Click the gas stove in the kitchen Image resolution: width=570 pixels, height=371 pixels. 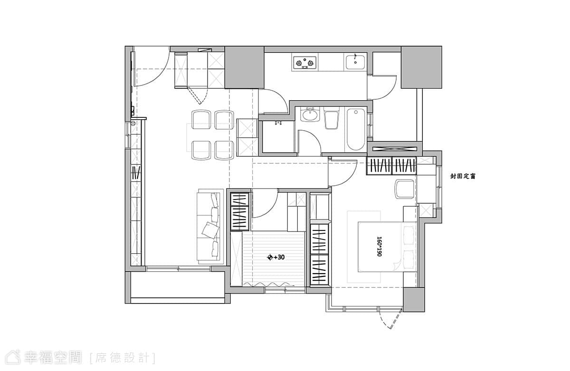click(304, 63)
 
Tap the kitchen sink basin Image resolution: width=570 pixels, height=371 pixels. click(355, 62)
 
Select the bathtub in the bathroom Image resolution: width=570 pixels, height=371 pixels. click(356, 130)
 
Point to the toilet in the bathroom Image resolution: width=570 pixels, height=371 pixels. click(332, 118)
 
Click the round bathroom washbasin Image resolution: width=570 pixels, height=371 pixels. click(310, 115)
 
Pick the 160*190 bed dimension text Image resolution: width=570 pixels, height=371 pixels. click(379, 247)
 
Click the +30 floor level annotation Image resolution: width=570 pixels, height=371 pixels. click(275, 257)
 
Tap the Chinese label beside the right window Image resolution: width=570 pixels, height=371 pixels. click(463, 176)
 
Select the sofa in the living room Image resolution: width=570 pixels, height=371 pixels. click(210, 227)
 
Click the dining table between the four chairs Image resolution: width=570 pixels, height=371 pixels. click(210, 137)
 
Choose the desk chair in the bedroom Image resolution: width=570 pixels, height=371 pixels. click(404, 189)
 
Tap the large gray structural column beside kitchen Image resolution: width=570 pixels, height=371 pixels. click(244, 67)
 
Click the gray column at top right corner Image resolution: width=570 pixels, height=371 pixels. click(421, 67)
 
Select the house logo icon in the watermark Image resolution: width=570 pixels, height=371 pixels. click(13, 358)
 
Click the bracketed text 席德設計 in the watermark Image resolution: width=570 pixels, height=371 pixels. click(122, 358)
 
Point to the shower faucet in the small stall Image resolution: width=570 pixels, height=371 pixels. click(278, 123)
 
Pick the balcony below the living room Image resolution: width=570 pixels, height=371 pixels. click(178, 285)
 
